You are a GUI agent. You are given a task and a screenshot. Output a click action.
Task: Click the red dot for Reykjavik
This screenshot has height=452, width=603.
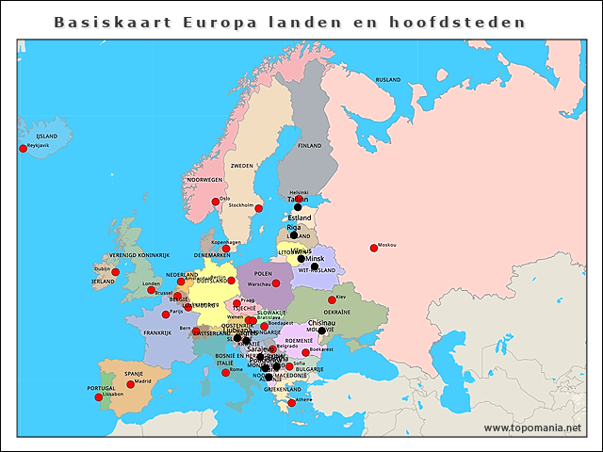pos(24,148)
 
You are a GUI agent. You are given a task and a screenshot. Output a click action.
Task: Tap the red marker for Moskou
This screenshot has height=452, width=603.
pos(374,248)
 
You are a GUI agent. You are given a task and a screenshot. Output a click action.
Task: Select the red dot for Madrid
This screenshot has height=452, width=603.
pos(131,384)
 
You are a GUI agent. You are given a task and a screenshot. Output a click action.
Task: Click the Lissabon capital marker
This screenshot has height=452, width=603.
pos(99,396)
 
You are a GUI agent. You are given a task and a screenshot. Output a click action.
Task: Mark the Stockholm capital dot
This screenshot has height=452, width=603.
pos(259,208)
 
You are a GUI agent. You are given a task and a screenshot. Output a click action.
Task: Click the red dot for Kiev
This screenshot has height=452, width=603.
pos(332,299)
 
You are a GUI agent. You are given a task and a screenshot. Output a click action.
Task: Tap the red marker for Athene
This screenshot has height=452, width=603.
pos(292,402)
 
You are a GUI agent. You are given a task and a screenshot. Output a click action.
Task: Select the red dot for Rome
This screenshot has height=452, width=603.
pos(223,372)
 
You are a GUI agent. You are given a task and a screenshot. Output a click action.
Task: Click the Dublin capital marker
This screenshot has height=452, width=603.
pos(116,272)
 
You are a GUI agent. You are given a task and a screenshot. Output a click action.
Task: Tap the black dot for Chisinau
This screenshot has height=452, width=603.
pos(321,331)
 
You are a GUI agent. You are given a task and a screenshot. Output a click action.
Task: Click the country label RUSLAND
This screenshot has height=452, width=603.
pos(388,80)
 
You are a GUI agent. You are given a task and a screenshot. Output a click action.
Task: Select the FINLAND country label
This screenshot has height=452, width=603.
pos(310,146)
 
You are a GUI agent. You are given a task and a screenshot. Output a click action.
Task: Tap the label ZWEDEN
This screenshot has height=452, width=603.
pos(242,165)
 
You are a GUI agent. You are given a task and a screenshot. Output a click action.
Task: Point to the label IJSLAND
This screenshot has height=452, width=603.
pos(46,137)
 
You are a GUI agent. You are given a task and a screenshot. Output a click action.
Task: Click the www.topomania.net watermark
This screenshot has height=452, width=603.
pos(532,428)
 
